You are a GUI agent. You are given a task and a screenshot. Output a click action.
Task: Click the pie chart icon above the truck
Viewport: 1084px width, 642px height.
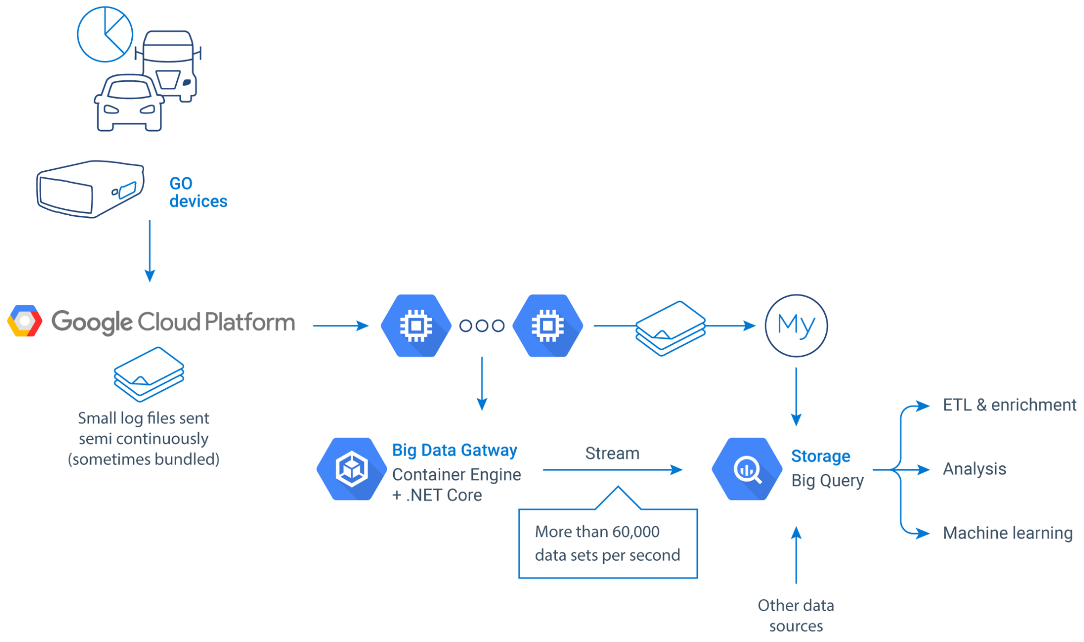coord(105,34)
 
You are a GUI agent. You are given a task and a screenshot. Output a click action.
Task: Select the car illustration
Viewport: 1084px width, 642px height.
coord(129,103)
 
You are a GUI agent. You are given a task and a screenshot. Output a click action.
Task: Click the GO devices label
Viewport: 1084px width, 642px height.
coord(197,192)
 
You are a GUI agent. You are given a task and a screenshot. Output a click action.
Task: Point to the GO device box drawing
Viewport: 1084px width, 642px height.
coord(90,189)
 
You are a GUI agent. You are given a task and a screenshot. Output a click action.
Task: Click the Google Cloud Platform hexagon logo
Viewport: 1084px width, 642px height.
coord(24,321)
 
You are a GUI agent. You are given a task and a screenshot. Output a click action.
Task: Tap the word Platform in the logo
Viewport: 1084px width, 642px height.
coord(249,322)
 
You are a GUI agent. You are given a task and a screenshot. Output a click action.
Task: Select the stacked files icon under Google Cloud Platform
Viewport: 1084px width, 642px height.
coord(149,374)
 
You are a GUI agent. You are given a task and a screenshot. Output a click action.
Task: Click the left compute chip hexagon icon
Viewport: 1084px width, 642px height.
coord(416,325)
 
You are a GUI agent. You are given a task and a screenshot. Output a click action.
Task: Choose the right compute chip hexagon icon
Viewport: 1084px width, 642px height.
coord(548,325)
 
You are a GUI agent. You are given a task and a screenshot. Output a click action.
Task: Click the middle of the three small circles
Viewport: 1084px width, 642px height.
coord(482,325)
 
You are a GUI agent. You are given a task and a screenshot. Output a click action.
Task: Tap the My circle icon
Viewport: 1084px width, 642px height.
coord(796,325)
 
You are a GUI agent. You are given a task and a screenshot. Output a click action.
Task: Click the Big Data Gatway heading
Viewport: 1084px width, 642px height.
coord(454,450)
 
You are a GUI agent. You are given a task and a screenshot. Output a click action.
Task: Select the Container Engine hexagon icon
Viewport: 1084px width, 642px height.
coord(351,469)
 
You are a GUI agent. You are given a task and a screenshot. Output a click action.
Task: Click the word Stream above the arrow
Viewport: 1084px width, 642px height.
coord(612,453)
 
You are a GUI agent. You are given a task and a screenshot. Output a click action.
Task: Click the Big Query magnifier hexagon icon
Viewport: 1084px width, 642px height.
coord(747,469)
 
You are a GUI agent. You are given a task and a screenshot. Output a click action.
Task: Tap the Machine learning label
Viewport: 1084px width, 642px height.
coord(1007,532)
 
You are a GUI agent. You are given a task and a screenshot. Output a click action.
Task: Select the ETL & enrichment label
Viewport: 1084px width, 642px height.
coord(1009,405)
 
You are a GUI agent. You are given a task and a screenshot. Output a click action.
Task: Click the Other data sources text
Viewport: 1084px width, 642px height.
coord(796,615)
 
